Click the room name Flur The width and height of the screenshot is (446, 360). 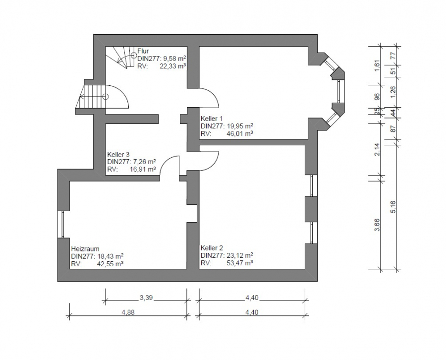tap(143, 51)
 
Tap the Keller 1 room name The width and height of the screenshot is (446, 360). tap(212, 119)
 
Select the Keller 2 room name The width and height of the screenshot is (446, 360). tap(212, 248)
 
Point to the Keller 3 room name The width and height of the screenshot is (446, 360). tap(118, 155)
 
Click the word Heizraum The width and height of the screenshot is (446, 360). tap(85, 249)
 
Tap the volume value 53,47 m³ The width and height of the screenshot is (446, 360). tap(240, 263)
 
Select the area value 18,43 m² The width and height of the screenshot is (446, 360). tap(110, 256)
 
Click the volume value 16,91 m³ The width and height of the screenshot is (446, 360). tap(143, 169)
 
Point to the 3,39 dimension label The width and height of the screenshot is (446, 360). tap(146, 298)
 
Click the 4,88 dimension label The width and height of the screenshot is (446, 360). tap(128, 312)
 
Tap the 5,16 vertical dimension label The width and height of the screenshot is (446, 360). tap(393, 207)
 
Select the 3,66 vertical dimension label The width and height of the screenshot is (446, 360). tap(377, 225)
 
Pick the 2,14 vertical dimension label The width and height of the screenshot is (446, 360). tap(377, 149)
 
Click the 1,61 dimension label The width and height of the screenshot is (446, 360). tap(377, 65)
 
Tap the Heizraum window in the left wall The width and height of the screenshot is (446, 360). tap(60, 224)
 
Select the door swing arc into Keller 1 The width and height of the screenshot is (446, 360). tap(213, 94)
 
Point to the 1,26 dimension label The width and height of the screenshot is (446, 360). tap(393, 92)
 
